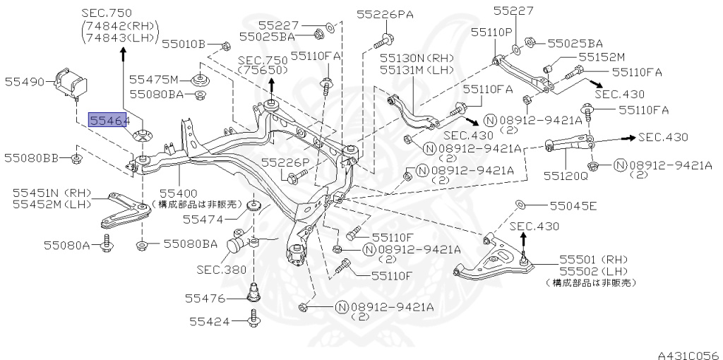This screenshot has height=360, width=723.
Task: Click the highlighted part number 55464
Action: coord(107,120)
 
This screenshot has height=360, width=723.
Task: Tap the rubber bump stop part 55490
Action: coord(70,83)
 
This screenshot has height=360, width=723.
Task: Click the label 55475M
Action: coord(153,79)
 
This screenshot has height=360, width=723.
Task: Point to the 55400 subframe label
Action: coord(178,193)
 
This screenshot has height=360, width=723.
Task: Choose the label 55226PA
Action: coord(385,15)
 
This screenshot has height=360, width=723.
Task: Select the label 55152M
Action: coord(602,58)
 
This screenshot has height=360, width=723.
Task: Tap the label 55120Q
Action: coord(566,176)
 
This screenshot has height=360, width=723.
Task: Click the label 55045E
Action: coord(573,205)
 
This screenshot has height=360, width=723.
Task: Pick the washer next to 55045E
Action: coord(518,204)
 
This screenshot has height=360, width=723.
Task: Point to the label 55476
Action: coord(205,299)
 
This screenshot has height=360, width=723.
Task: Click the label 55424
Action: coord(210,321)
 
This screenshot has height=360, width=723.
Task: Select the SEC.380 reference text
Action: coord(222,270)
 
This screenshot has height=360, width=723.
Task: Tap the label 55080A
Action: coord(67,245)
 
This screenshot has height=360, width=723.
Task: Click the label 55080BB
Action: coord(31,158)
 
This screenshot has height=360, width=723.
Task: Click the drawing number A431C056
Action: coord(689,355)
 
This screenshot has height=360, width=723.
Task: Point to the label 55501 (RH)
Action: coord(594,260)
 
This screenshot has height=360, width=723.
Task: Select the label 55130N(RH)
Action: coord(417,59)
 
